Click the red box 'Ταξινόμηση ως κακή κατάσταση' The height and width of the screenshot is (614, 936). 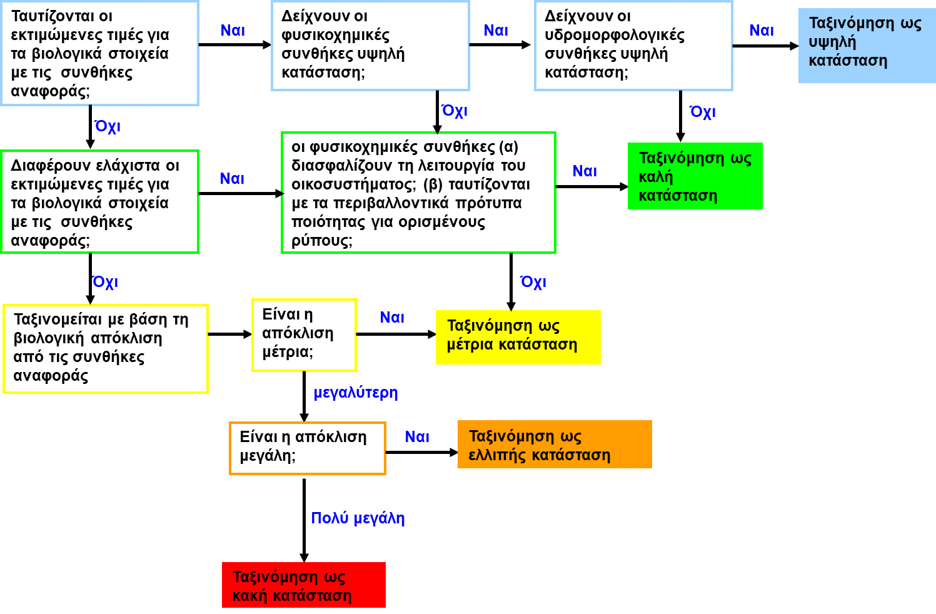pos(304,585)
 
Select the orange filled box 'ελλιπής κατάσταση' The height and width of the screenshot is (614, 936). pos(555,444)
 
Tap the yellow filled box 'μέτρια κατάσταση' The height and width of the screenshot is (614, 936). pos(518,337)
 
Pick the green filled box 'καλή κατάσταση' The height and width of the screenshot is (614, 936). pos(695,176)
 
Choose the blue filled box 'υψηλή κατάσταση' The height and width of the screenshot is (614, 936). pos(867,46)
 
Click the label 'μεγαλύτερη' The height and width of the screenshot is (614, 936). pos(356,393)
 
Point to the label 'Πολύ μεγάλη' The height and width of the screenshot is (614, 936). pos(358,518)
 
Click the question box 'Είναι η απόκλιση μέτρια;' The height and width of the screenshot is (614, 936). pos(304,335)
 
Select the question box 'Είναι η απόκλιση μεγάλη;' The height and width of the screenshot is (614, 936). pos(308,448)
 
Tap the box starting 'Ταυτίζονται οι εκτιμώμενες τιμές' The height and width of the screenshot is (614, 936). pos(99,53)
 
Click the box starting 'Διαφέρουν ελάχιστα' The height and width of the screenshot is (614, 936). pos(99,202)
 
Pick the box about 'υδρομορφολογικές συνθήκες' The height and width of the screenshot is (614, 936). pos(633,46)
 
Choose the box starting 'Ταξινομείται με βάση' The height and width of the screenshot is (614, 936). pos(105,349)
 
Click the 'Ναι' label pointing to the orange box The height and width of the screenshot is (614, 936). pos(417,437)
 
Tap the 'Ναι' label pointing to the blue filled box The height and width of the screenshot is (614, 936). pos(762,31)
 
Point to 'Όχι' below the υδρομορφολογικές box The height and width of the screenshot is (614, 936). pos(702,111)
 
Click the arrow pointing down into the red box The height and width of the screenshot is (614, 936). pos(304,520)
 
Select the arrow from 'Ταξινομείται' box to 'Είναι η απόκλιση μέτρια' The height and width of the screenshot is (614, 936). pos(230,335)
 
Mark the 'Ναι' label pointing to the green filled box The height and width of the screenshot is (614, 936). pos(585,171)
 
